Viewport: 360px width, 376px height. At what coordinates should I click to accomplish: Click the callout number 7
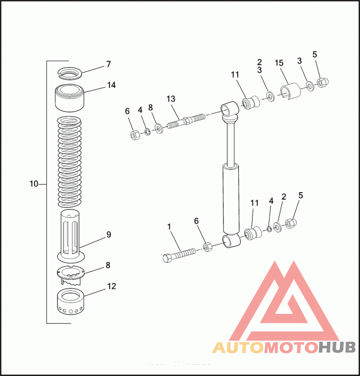[x=108, y=64]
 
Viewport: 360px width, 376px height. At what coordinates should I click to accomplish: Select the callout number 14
[x=111, y=85]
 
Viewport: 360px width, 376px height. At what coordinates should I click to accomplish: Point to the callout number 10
[x=34, y=184]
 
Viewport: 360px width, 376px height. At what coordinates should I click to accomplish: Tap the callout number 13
[x=171, y=99]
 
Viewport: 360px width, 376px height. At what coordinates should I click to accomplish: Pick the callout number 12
[x=111, y=285]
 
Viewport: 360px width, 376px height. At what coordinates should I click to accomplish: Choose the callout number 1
[x=170, y=227]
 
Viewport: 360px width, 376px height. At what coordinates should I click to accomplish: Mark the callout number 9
[x=108, y=234]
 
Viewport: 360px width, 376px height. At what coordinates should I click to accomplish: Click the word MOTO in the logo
[x=291, y=348]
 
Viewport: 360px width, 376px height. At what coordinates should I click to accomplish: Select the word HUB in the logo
[x=337, y=348]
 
